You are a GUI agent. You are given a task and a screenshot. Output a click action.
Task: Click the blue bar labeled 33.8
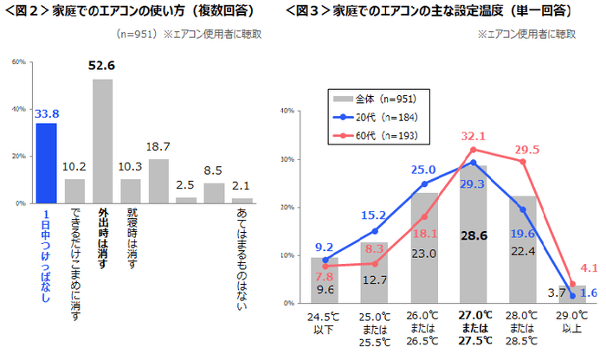coord(46,163)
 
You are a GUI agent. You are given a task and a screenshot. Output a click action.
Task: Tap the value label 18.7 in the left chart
coord(158,147)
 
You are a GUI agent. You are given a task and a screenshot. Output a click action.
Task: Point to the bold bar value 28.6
coord(472,235)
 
